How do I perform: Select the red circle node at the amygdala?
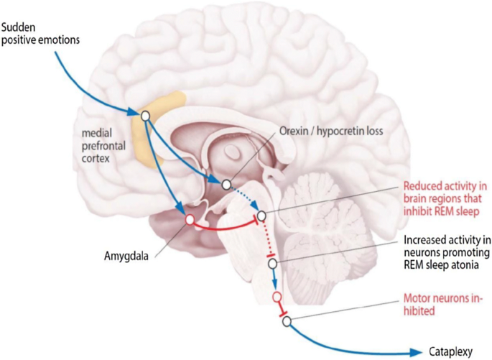[190, 219]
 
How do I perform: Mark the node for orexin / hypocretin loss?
[227, 185]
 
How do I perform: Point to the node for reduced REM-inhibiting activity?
[261, 216]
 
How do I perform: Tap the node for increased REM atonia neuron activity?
[272, 264]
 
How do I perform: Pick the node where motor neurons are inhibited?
[286, 321]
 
